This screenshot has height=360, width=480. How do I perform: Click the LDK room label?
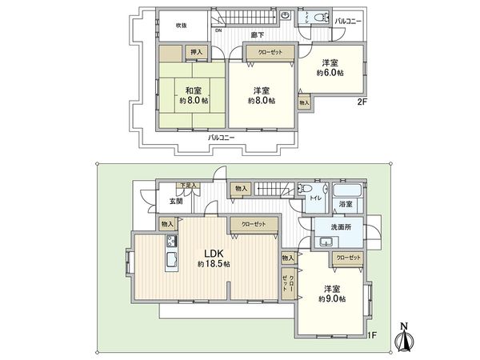click(x=212, y=250)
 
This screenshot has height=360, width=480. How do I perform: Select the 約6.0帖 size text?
click(x=330, y=74)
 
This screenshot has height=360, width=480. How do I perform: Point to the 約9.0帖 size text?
click(x=330, y=298)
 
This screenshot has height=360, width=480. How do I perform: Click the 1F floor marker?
click(x=372, y=336)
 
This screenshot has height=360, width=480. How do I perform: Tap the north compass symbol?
click(x=404, y=339)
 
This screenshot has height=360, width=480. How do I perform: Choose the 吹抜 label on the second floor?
click(x=182, y=25)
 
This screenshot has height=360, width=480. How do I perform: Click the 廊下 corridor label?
click(x=257, y=35)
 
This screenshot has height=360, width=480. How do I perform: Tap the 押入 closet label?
click(x=196, y=53)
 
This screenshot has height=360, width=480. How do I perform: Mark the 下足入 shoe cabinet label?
click(x=186, y=186)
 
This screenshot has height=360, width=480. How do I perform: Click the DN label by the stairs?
click(x=218, y=31)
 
